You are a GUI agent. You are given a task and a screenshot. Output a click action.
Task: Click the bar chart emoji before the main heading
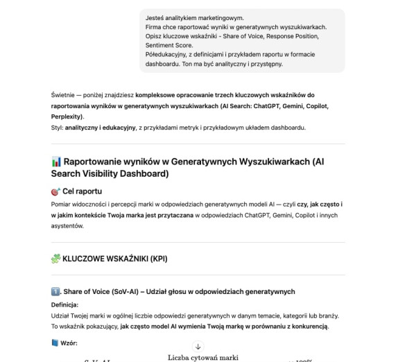coord(56,162)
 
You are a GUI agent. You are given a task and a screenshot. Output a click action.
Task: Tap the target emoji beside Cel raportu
coord(55,191)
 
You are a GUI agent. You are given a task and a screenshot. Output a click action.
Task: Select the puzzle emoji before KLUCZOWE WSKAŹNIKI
coord(56,259)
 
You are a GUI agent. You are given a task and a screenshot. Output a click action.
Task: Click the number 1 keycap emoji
coord(55,291)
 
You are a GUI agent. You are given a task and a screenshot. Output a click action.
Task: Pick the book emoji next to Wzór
coord(55,342)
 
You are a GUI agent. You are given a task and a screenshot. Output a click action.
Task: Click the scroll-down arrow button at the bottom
coord(198,346)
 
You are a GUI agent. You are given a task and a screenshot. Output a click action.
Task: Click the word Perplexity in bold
coord(69,117)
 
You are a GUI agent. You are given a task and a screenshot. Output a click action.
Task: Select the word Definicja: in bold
coord(65,304)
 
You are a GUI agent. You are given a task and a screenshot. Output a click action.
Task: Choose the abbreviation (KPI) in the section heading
coord(155,259)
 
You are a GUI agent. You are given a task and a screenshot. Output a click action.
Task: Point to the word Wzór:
coord(69,342)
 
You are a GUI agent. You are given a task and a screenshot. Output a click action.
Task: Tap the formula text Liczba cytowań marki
coord(203,357)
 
